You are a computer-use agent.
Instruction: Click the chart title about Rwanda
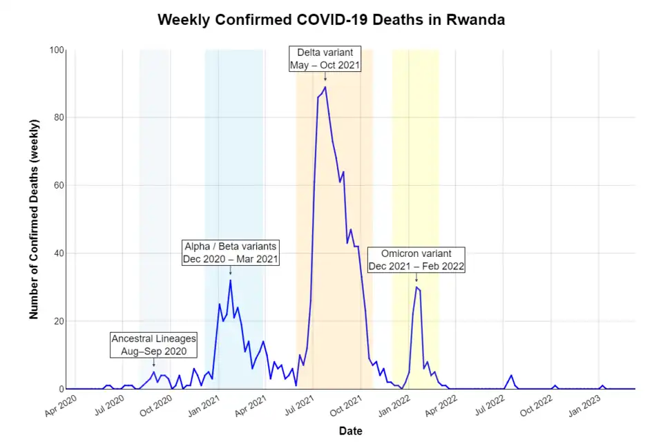[331, 19]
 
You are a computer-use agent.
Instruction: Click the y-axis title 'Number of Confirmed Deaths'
[34, 219]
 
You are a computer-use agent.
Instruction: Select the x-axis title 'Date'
[350, 431]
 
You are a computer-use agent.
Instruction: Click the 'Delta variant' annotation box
[325, 59]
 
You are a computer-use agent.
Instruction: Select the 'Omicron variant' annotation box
[416, 260]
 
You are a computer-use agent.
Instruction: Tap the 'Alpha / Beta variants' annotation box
[230, 253]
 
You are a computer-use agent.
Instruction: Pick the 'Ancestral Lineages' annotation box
[154, 345]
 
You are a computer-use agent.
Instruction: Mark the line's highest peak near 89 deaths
[325, 87]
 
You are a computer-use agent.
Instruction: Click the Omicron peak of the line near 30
[416, 287]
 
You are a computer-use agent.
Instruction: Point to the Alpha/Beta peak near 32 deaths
[230, 280]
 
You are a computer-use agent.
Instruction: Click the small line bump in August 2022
[511, 376]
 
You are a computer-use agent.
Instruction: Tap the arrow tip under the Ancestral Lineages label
[154, 366]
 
